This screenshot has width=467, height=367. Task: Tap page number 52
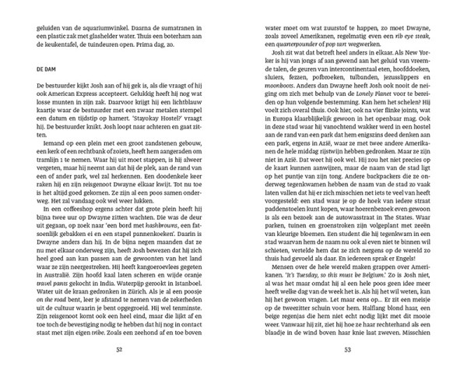click(x=119, y=349)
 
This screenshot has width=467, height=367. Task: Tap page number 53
click(x=346, y=349)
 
